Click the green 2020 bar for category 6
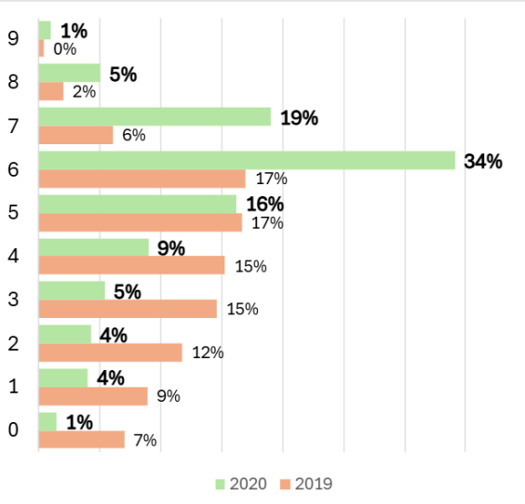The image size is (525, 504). click(247, 160)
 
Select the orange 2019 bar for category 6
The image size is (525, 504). click(141, 179)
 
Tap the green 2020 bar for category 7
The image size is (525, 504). click(155, 116)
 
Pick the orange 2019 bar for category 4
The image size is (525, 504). click(131, 266)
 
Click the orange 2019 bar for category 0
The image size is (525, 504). click(81, 440)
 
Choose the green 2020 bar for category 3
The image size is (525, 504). click(72, 291)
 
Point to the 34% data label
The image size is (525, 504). click(483, 161)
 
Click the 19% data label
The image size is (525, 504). click(299, 117)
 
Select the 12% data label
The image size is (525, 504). click(208, 352)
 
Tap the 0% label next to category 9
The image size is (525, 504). click(64, 48)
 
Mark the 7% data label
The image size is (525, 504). click(145, 440)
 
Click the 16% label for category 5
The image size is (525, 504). click(264, 205)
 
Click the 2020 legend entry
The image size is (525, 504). click(241, 484)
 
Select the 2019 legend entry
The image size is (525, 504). click(306, 484)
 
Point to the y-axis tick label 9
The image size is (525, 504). click(12, 39)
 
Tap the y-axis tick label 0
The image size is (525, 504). click(12, 431)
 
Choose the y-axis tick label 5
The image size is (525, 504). click(12, 213)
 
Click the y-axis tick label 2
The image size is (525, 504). click(12, 343)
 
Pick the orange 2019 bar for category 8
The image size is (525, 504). click(50, 91)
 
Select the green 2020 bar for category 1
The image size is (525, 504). click(62, 378)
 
